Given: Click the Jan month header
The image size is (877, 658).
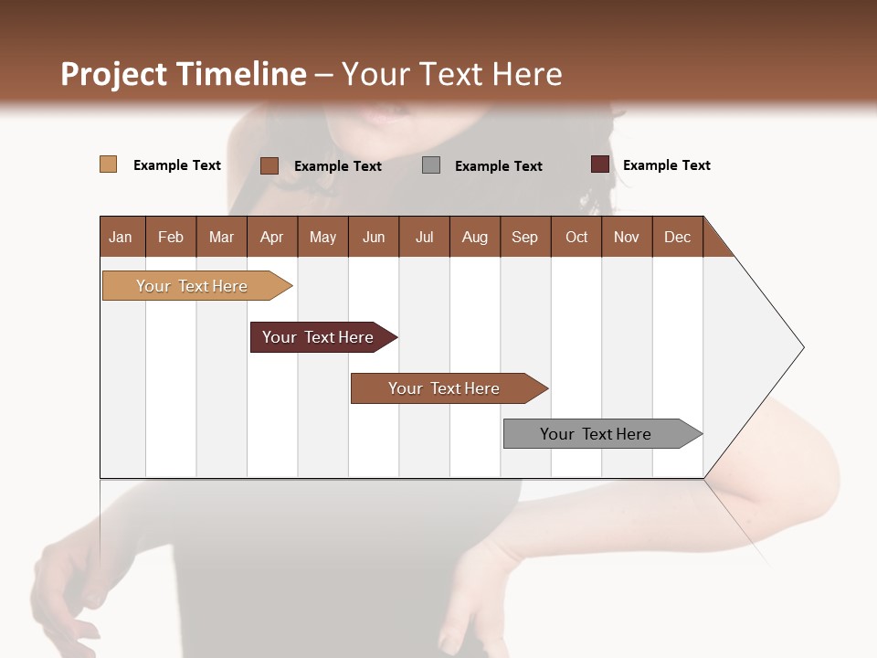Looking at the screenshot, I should coord(121,237).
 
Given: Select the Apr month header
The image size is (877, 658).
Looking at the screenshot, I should coord(271,237).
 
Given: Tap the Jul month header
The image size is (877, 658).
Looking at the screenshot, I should coord(424,237).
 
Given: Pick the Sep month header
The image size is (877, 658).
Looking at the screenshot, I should coord(524,237).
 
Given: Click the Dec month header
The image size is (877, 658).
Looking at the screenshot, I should coord(677,237).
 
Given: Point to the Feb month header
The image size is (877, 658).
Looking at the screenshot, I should coord(171,237).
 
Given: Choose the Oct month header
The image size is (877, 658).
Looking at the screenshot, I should coord(576,237).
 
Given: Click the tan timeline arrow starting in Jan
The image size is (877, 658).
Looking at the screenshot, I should coord(192,286).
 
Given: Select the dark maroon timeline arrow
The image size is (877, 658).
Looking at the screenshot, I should coord(318,337).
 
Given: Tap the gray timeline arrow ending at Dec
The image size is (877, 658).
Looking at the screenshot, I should coord(596,434).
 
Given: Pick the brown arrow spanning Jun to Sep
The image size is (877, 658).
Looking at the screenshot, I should coord(444,388).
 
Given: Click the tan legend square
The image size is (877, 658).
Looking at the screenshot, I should coord(108,164).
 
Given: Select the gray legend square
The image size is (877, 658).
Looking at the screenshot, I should coord(431,164).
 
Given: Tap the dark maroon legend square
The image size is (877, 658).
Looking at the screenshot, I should coord(599,164).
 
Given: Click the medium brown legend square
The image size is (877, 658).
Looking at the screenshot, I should coord(269,165).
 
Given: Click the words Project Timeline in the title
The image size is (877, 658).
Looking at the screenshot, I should coord(183,74).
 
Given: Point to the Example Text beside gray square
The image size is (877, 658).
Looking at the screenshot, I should coord(498,166).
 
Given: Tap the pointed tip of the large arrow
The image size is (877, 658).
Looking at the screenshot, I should coord(800,347).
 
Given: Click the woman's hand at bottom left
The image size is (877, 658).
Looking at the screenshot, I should coord(69,585).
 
